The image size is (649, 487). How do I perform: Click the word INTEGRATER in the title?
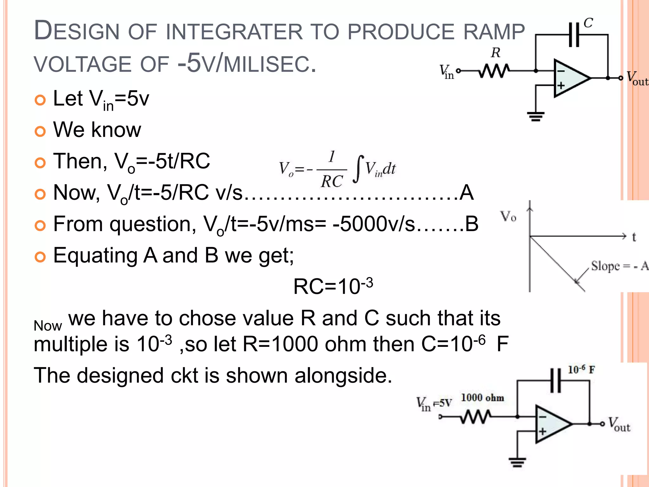pos(234,32)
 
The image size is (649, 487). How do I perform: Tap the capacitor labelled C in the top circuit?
pos(574,34)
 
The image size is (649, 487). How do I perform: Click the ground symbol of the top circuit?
pos(536,116)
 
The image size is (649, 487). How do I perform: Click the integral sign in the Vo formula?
pos(358,169)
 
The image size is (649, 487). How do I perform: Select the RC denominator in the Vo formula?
pos(331,182)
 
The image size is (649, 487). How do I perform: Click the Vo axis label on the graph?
pos(508,216)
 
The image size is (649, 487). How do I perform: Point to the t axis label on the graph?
pos(634,237)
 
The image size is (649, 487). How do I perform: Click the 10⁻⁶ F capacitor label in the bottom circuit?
pos(581,370)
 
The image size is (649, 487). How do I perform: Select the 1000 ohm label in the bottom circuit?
pos(482,398)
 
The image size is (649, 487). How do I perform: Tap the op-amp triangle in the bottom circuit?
pos(551,424)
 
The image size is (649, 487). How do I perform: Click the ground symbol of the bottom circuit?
pos(517,462)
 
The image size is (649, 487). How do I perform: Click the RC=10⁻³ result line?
pos(333,286)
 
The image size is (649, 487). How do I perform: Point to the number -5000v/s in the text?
pos(374,224)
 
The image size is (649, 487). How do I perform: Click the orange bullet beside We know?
pos(40,131)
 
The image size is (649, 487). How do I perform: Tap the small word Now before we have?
pos(48,326)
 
